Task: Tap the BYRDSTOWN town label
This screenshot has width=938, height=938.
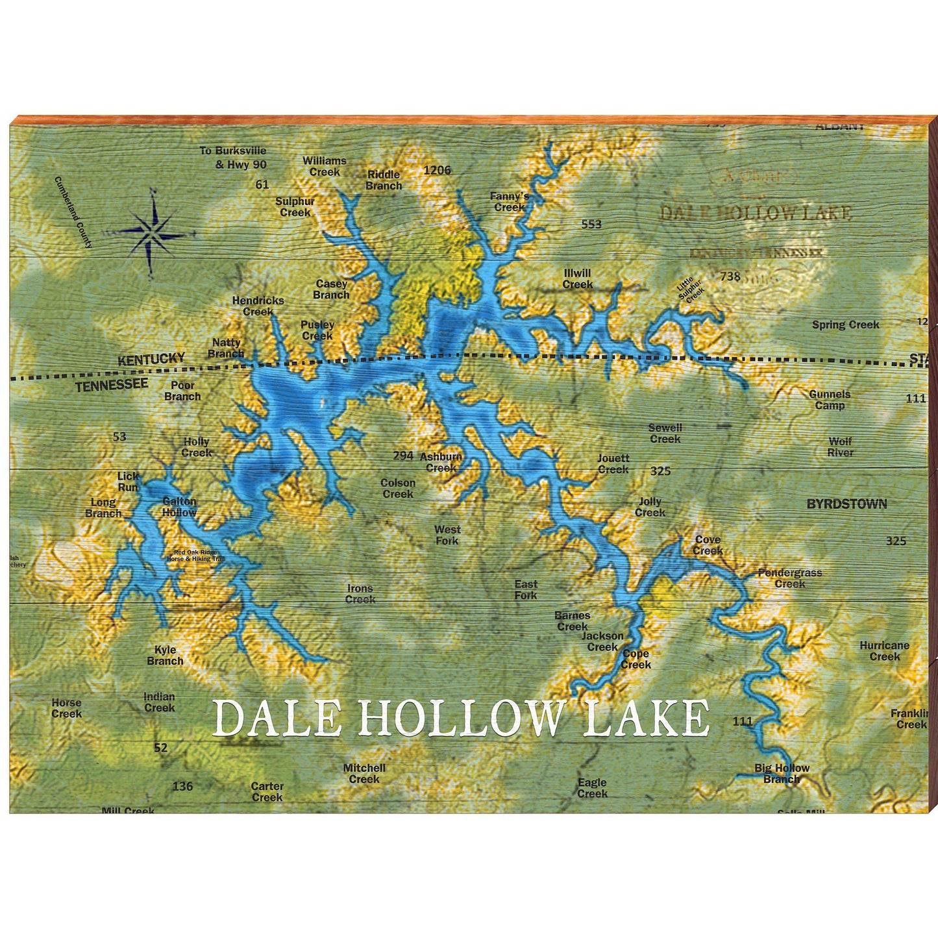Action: click(846, 504)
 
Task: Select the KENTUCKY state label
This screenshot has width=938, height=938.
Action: click(151, 359)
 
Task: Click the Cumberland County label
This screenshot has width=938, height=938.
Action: click(73, 212)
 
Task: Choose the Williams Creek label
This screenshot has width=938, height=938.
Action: click(324, 166)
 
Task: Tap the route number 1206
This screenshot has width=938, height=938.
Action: click(437, 170)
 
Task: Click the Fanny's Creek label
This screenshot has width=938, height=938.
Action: click(510, 202)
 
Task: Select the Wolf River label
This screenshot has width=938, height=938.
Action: click(840, 447)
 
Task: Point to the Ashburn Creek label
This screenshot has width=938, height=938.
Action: click(441, 462)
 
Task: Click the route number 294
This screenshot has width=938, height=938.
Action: click(402, 456)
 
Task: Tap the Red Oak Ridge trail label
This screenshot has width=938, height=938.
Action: click(195, 556)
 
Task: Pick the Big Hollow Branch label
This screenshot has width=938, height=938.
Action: click(782, 774)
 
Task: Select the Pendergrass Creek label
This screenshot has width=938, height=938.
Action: click(790, 578)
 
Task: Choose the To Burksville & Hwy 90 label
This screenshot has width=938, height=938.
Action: click(233, 158)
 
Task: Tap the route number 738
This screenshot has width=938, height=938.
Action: click(730, 277)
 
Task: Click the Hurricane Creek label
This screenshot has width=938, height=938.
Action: click(884, 651)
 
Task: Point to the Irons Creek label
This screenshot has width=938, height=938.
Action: click(360, 594)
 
